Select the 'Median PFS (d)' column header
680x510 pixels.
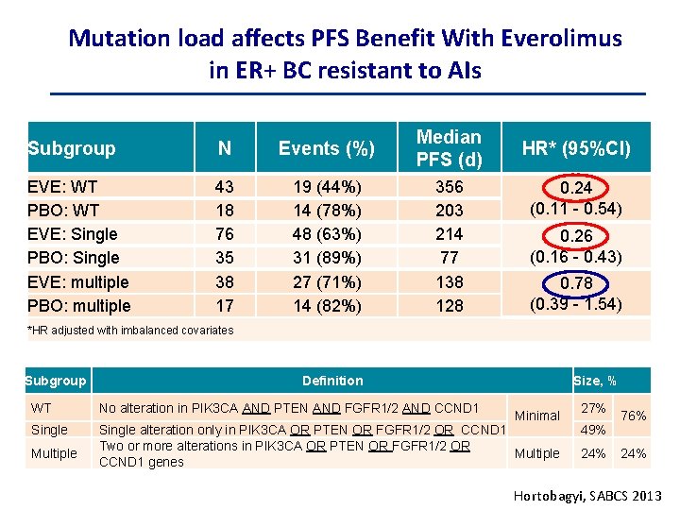(x=449, y=148)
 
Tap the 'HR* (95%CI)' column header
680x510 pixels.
(x=576, y=148)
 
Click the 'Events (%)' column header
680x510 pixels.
(x=326, y=148)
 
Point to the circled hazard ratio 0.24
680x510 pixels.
(x=576, y=188)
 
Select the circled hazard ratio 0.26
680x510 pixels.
(x=576, y=236)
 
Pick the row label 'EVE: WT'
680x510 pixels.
(x=62, y=187)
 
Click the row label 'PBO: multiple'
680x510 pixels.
(x=79, y=306)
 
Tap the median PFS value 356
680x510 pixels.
(x=450, y=187)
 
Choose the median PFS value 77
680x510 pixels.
(x=450, y=258)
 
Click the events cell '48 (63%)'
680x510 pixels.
(x=326, y=234)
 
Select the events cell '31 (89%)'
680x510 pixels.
(x=326, y=258)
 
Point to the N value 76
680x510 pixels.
(x=224, y=234)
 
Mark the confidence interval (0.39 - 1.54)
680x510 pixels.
(x=576, y=304)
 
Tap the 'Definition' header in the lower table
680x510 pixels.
(x=331, y=381)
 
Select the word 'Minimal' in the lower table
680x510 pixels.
(x=537, y=416)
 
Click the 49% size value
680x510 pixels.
(x=593, y=431)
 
